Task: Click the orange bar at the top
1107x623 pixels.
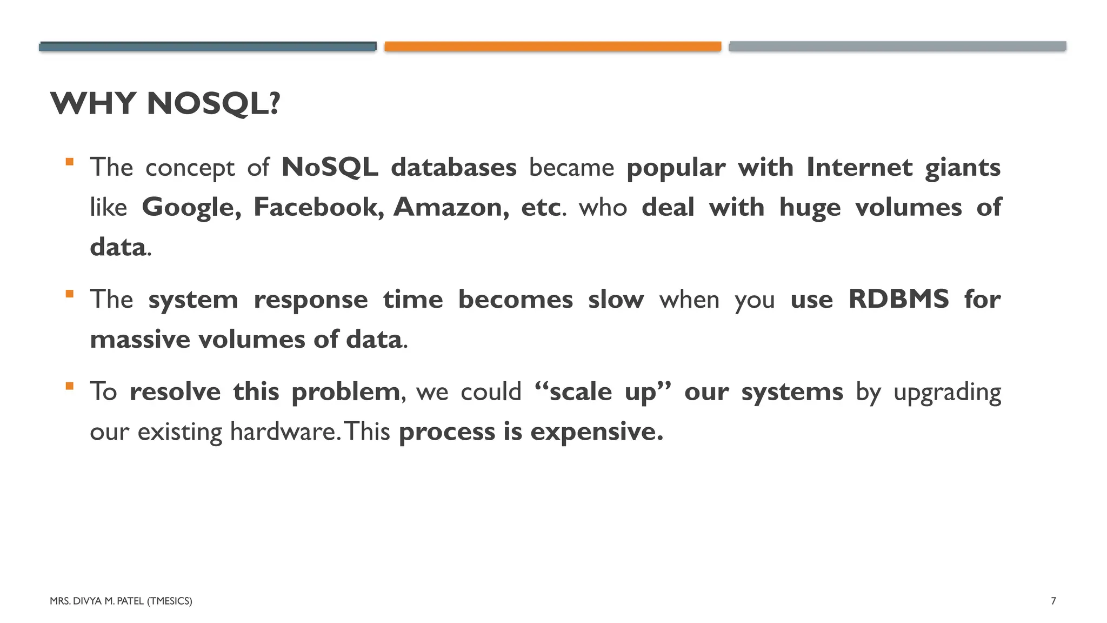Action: (552, 47)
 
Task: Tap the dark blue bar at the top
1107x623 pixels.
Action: (208, 47)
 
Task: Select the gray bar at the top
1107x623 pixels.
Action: (897, 47)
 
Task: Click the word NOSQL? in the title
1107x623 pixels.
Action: (214, 103)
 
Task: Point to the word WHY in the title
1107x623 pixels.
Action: (92, 103)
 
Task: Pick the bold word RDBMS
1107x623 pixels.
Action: (898, 299)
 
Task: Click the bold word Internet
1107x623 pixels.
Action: (859, 167)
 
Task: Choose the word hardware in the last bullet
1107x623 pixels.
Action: (284, 432)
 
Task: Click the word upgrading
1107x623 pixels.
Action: (947, 392)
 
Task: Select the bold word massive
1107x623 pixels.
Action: (140, 340)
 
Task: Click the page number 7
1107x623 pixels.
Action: (1053, 601)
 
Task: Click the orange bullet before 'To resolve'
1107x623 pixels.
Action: (69, 386)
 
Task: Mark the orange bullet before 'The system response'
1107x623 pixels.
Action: (69, 294)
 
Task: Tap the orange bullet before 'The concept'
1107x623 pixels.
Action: (69, 162)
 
